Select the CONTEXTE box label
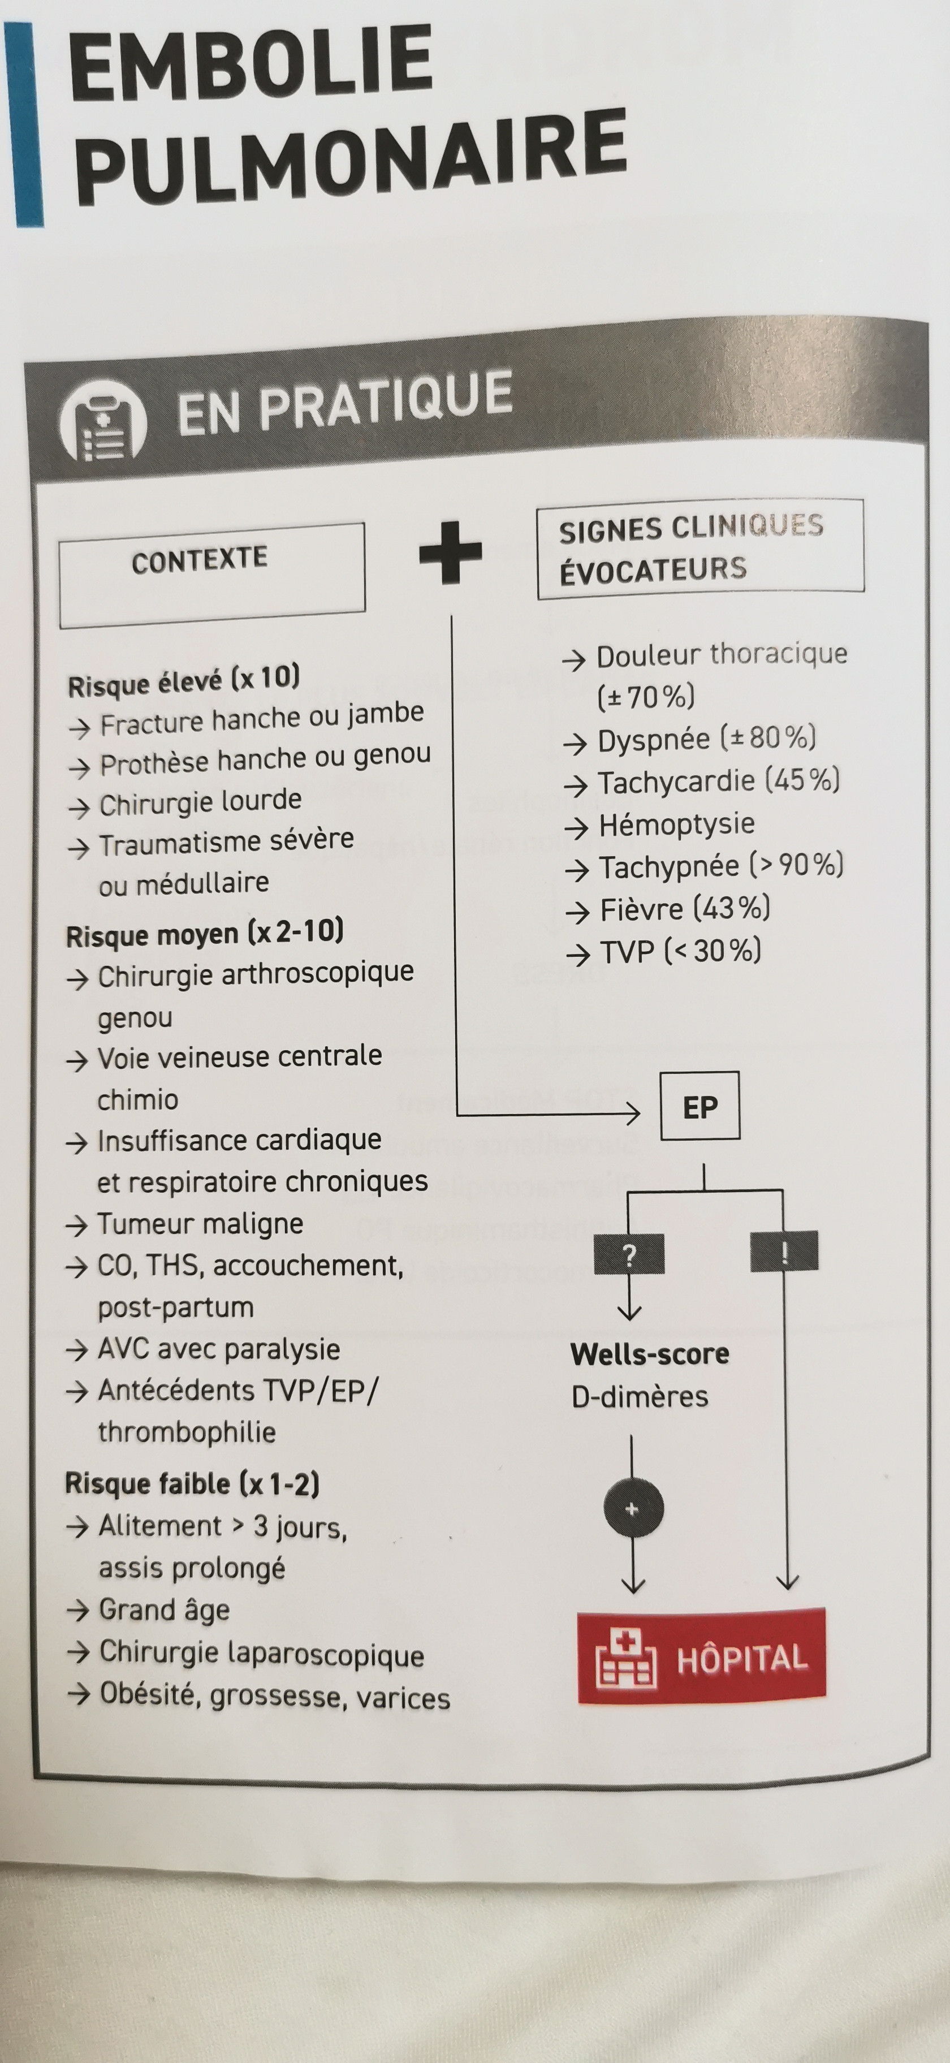(x=200, y=560)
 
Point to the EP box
(x=699, y=1106)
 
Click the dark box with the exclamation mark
(x=784, y=1251)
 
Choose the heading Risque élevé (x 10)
(x=183, y=681)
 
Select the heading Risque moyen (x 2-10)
(x=204, y=934)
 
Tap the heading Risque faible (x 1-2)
(x=192, y=1484)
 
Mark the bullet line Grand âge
(x=164, y=1609)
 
